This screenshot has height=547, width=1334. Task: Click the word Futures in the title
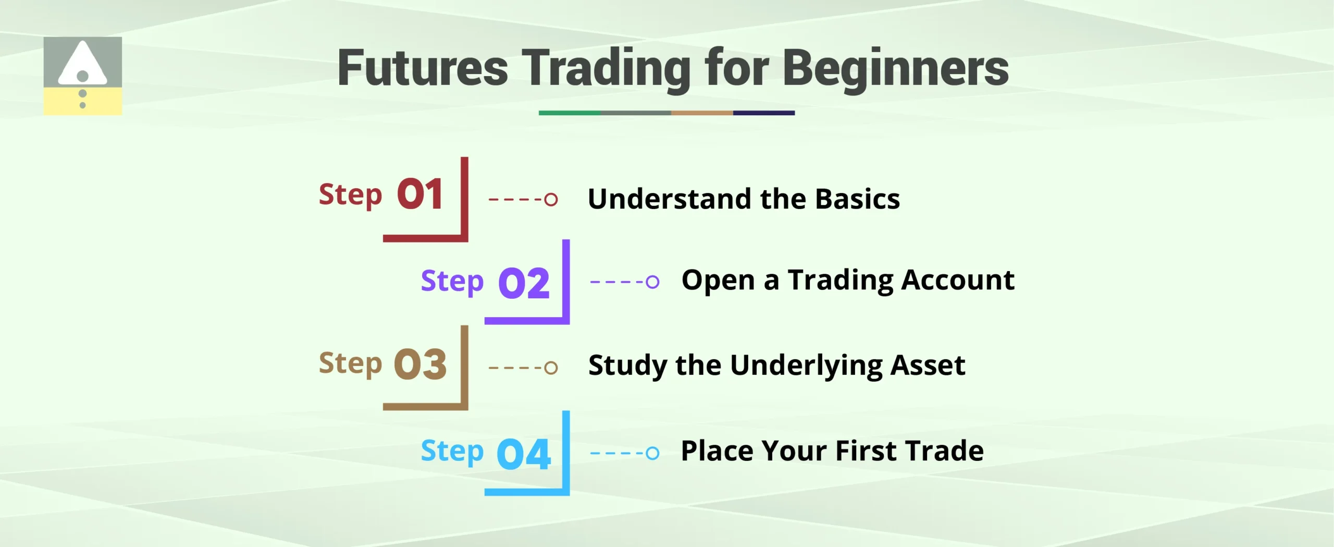(423, 68)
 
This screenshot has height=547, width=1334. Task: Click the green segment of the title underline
(569, 113)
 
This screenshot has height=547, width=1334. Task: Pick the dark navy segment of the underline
(763, 113)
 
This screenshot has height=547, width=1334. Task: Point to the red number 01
(420, 194)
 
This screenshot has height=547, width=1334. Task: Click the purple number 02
(523, 283)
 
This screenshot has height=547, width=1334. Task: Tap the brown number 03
(420, 364)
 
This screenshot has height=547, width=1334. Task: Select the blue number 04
(523, 454)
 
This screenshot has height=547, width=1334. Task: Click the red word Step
(350, 195)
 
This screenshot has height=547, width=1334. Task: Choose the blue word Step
(452, 451)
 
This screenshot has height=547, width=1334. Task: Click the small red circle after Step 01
(551, 199)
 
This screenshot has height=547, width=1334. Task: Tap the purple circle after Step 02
(652, 282)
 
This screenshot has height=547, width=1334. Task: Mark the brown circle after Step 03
(551, 368)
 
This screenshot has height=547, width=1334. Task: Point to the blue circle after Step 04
(652, 453)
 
